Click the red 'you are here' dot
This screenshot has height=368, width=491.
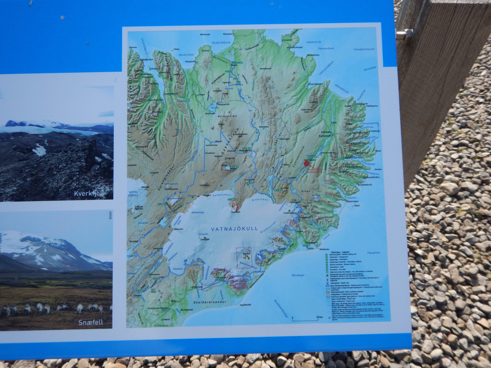click(306, 164)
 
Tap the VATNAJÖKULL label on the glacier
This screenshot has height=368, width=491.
click(235, 229)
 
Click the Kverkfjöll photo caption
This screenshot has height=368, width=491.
click(89, 194)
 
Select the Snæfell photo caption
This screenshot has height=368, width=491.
click(90, 322)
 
